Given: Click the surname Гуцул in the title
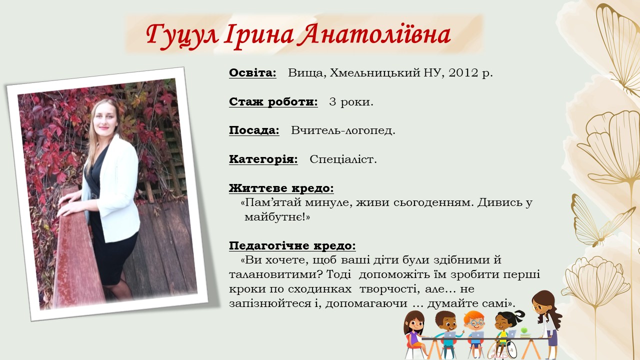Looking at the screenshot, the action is pos(182,35).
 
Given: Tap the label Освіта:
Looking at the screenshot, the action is pos(252,73).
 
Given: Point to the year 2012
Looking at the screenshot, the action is pos(463,73).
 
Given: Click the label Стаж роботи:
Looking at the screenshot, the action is pos(273,101).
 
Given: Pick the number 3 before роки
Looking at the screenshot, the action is pos(332,101).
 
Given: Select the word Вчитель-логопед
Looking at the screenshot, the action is pos(343,130).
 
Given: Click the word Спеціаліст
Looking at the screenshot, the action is pos(343,159).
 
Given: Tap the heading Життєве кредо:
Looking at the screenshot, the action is pos(281,188).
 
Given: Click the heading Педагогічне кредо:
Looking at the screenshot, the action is pos(292,245).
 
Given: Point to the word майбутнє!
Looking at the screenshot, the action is pos(277,217).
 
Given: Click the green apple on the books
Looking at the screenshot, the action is pos(523,330).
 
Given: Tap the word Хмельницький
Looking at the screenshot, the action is pos(375,73).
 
